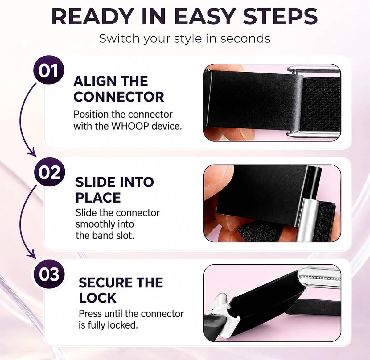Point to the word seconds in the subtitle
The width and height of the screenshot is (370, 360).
(x=245, y=39)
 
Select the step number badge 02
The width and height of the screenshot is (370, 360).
(x=49, y=172)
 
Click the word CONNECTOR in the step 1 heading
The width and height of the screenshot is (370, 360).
(x=119, y=97)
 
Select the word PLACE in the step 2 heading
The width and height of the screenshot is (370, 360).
(x=98, y=197)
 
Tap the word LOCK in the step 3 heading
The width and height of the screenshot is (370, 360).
(x=97, y=298)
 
